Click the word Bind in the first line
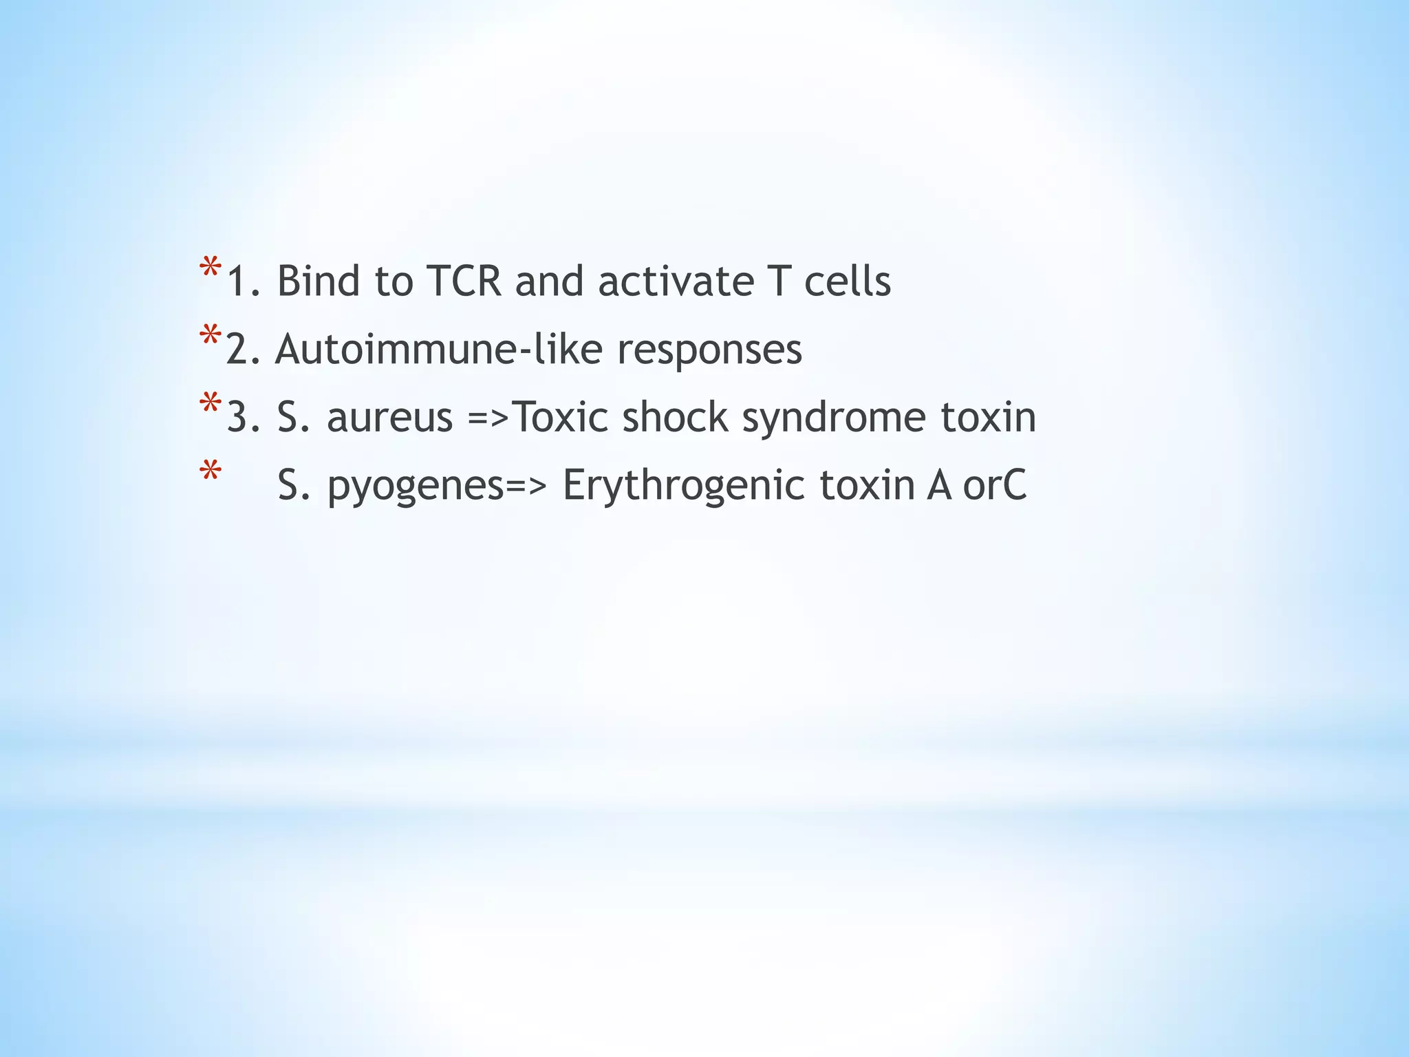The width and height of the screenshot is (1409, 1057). (318, 281)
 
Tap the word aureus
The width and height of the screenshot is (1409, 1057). (389, 418)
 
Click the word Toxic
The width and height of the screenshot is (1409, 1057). (560, 417)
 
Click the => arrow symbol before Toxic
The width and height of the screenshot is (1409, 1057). (489, 418)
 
